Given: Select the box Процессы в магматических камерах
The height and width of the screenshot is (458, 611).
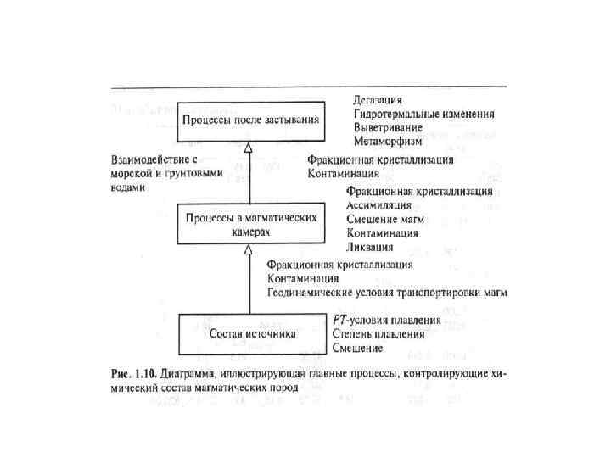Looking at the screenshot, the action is [x=251, y=225].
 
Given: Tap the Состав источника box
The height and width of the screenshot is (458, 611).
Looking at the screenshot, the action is [x=251, y=333].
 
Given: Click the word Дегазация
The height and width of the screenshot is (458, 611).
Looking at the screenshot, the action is [x=378, y=101].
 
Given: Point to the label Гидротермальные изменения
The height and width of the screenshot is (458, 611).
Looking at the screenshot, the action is [x=423, y=114].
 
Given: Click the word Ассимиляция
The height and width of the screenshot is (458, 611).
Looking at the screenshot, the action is [x=379, y=204].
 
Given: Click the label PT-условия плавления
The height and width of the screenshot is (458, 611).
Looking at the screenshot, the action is [x=386, y=321].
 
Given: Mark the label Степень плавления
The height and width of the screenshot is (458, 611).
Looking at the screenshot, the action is [x=378, y=334].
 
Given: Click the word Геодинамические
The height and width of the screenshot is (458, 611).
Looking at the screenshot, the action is [x=311, y=292].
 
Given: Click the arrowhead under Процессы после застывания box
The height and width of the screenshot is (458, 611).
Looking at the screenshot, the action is [x=249, y=148].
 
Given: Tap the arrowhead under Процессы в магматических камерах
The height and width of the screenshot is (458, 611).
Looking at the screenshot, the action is [x=249, y=250].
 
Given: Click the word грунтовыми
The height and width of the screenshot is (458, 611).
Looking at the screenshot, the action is [x=194, y=173].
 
